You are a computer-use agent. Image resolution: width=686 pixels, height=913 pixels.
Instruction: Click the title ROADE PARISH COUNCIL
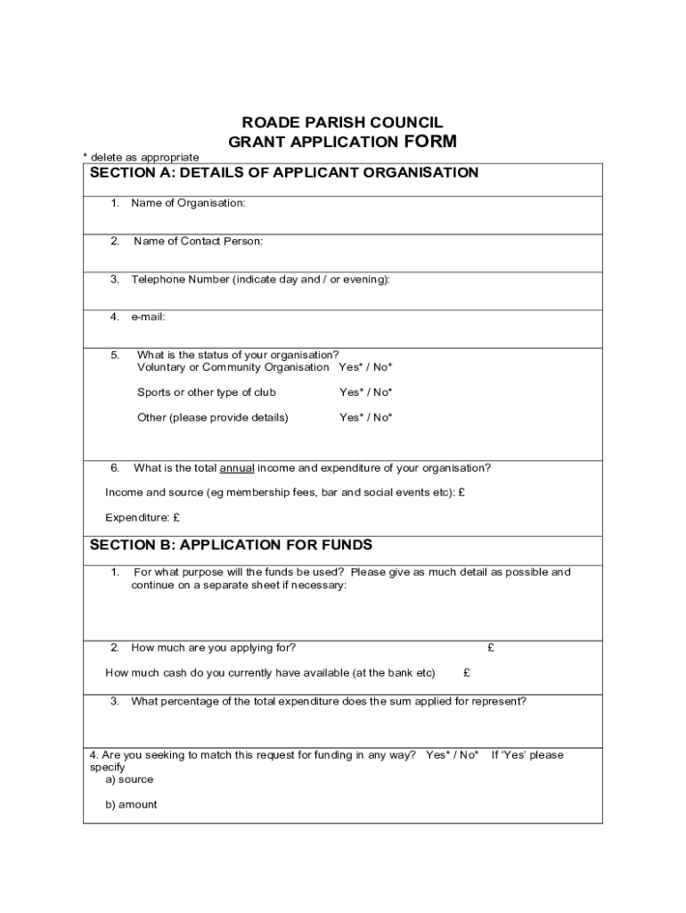[x=342, y=123]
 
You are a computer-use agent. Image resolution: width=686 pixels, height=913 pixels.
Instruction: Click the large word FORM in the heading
[x=430, y=141]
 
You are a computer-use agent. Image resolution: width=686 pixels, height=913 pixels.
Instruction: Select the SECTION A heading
[x=284, y=173]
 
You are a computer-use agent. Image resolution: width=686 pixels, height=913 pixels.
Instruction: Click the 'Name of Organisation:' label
[x=188, y=203]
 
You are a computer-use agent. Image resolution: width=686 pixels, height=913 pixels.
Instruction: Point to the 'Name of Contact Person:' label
[x=198, y=241]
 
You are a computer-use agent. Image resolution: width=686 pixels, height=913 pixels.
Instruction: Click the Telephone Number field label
[x=260, y=279]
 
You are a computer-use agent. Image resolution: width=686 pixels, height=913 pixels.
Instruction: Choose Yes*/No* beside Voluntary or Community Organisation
[x=365, y=367]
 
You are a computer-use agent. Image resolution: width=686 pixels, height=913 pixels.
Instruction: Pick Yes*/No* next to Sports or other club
[x=365, y=392]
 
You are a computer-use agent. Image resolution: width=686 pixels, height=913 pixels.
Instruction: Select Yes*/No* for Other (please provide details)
[x=365, y=417]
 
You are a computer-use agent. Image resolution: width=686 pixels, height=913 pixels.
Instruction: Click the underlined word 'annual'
[x=237, y=468]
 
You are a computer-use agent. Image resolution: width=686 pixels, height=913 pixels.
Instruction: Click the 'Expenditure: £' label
[x=143, y=517]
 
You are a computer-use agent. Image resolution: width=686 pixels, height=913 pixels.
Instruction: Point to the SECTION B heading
[x=231, y=545]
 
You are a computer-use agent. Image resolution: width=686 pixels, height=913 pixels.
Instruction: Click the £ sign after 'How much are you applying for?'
[x=491, y=648]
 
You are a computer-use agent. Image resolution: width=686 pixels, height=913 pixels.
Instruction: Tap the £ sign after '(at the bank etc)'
[x=467, y=673]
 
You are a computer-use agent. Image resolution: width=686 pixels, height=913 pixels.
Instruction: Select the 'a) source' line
[x=129, y=779]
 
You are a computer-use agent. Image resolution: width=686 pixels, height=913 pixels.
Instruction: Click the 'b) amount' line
[x=131, y=804]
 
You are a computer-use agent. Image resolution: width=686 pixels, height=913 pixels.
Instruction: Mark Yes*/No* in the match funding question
[x=452, y=755]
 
